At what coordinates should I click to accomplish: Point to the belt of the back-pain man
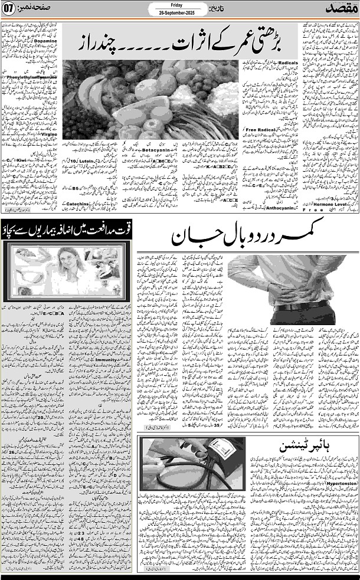pyautogui.click(x=301, y=306)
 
